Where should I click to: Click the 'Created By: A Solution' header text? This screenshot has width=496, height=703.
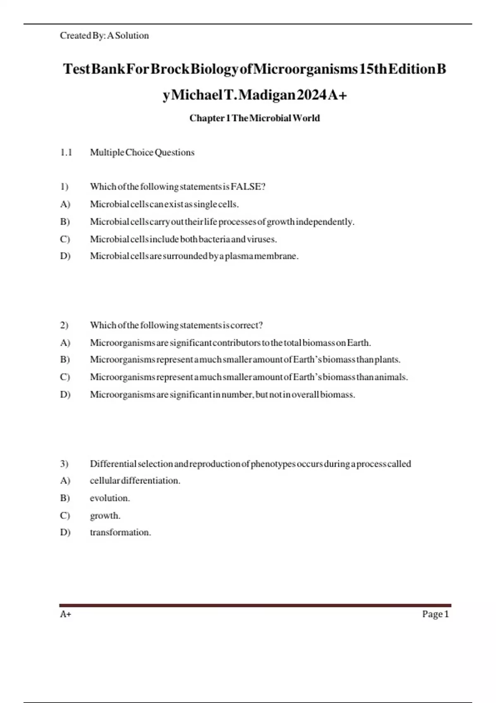(x=104, y=36)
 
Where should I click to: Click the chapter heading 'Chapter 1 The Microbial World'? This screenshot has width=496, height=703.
(x=255, y=118)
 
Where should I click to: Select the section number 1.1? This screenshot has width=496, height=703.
(x=66, y=153)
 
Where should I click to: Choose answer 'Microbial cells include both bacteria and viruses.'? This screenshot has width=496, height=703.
(x=183, y=239)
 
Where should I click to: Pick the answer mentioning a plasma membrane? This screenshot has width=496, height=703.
(x=194, y=256)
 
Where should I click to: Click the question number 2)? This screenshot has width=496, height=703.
(x=64, y=325)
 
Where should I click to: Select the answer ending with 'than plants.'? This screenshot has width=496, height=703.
(x=245, y=360)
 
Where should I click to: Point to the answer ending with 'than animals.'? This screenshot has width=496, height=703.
(x=248, y=377)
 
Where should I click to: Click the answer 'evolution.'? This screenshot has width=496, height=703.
(x=110, y=498)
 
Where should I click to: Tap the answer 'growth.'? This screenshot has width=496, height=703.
(x=105, y=516)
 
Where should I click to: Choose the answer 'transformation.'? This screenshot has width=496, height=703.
(x=120, y=533)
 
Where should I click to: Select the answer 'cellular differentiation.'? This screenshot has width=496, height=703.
(x=135, y=481)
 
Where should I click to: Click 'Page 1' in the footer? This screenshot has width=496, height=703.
(x=435, y=615)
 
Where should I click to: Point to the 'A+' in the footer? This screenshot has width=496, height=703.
(x=65, y=615)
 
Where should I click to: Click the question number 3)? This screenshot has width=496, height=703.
(x=64, y=464)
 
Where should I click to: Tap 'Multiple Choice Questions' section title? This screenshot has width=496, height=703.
(x=142, y=153)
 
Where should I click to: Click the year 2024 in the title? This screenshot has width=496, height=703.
(x=312, y=96)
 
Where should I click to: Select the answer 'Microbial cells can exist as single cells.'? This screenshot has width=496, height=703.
(x=164, y=204)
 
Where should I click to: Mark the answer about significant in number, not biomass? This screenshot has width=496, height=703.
(x=222, y=395)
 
